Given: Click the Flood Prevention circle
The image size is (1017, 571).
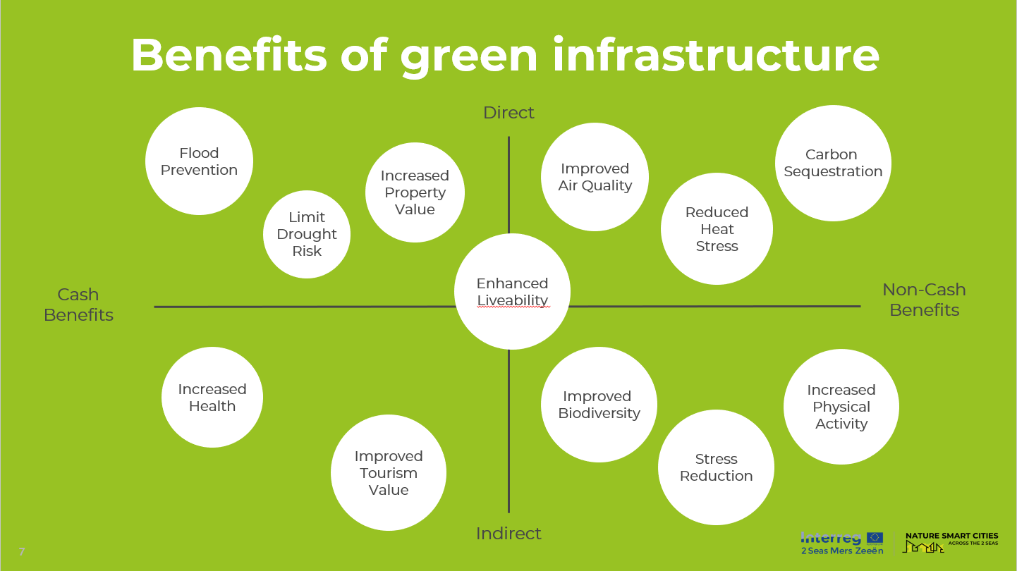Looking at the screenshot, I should [x=199, y=161].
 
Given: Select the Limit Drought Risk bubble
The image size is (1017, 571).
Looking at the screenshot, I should [x=307, y=234].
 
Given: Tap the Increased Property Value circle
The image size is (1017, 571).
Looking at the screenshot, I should [x=415, y=192].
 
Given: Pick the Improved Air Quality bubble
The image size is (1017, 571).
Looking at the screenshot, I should [x=595, y=177].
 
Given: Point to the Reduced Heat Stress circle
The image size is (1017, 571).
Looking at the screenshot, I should [x=717, y=229].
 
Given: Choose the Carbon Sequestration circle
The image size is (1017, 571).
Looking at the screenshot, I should [x=833, y=163].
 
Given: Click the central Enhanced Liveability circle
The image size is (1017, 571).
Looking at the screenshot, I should [x=512, y=292].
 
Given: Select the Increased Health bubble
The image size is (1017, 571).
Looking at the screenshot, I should [x=212, y=397].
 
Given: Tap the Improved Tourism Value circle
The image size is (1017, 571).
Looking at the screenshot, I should [x=389, y=472].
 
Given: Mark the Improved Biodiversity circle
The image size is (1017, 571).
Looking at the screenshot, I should [x=599, y=405].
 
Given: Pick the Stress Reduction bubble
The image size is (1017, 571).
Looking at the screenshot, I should [x=716, y=467].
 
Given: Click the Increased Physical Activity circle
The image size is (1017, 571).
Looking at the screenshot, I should [x=841, y=407].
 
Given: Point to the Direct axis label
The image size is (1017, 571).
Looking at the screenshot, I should [x=508, y=113].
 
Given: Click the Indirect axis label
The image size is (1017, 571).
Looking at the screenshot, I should [x=508, y=534].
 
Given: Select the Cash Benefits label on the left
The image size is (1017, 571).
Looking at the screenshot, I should [x=78, y=305].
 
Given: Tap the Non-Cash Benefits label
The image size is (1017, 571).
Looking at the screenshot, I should [x=924, y=300].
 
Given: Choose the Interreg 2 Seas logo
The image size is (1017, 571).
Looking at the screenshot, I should [x=841, y=543].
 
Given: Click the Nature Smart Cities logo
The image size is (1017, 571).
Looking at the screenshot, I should [x=951, y=542].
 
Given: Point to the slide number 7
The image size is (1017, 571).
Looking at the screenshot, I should [x=22, y=551].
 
